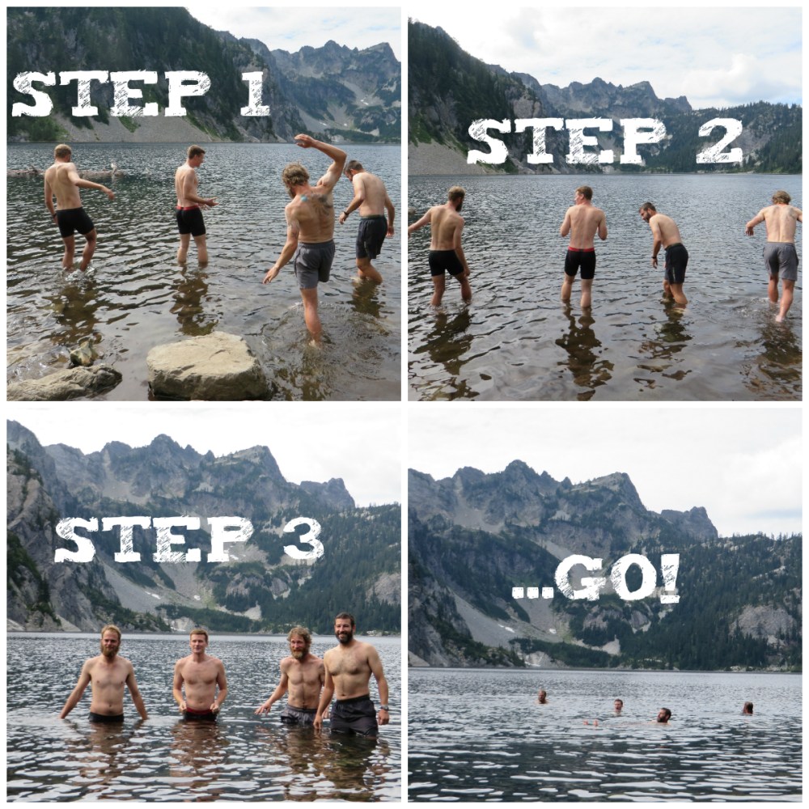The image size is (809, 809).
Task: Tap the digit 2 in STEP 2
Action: (x=720, y=142)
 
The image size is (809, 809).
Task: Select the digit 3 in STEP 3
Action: (x=303, y=540)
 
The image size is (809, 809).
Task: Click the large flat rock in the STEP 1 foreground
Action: (x=207, y=367)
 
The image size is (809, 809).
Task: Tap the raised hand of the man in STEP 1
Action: (x=304, y=141)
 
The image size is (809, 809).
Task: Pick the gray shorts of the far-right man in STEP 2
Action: (x=781, y=260)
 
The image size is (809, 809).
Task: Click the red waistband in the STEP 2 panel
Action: (x=580, y=250)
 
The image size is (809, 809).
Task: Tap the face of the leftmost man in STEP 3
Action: (x=111, y=641)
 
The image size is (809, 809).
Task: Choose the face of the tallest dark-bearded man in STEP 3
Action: (x=345, y=629)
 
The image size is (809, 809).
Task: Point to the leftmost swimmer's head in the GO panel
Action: (x=542, y=696)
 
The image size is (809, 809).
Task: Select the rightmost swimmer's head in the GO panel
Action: (x=748, y=708)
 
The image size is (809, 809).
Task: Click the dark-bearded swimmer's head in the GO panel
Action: (x=663, y=715)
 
